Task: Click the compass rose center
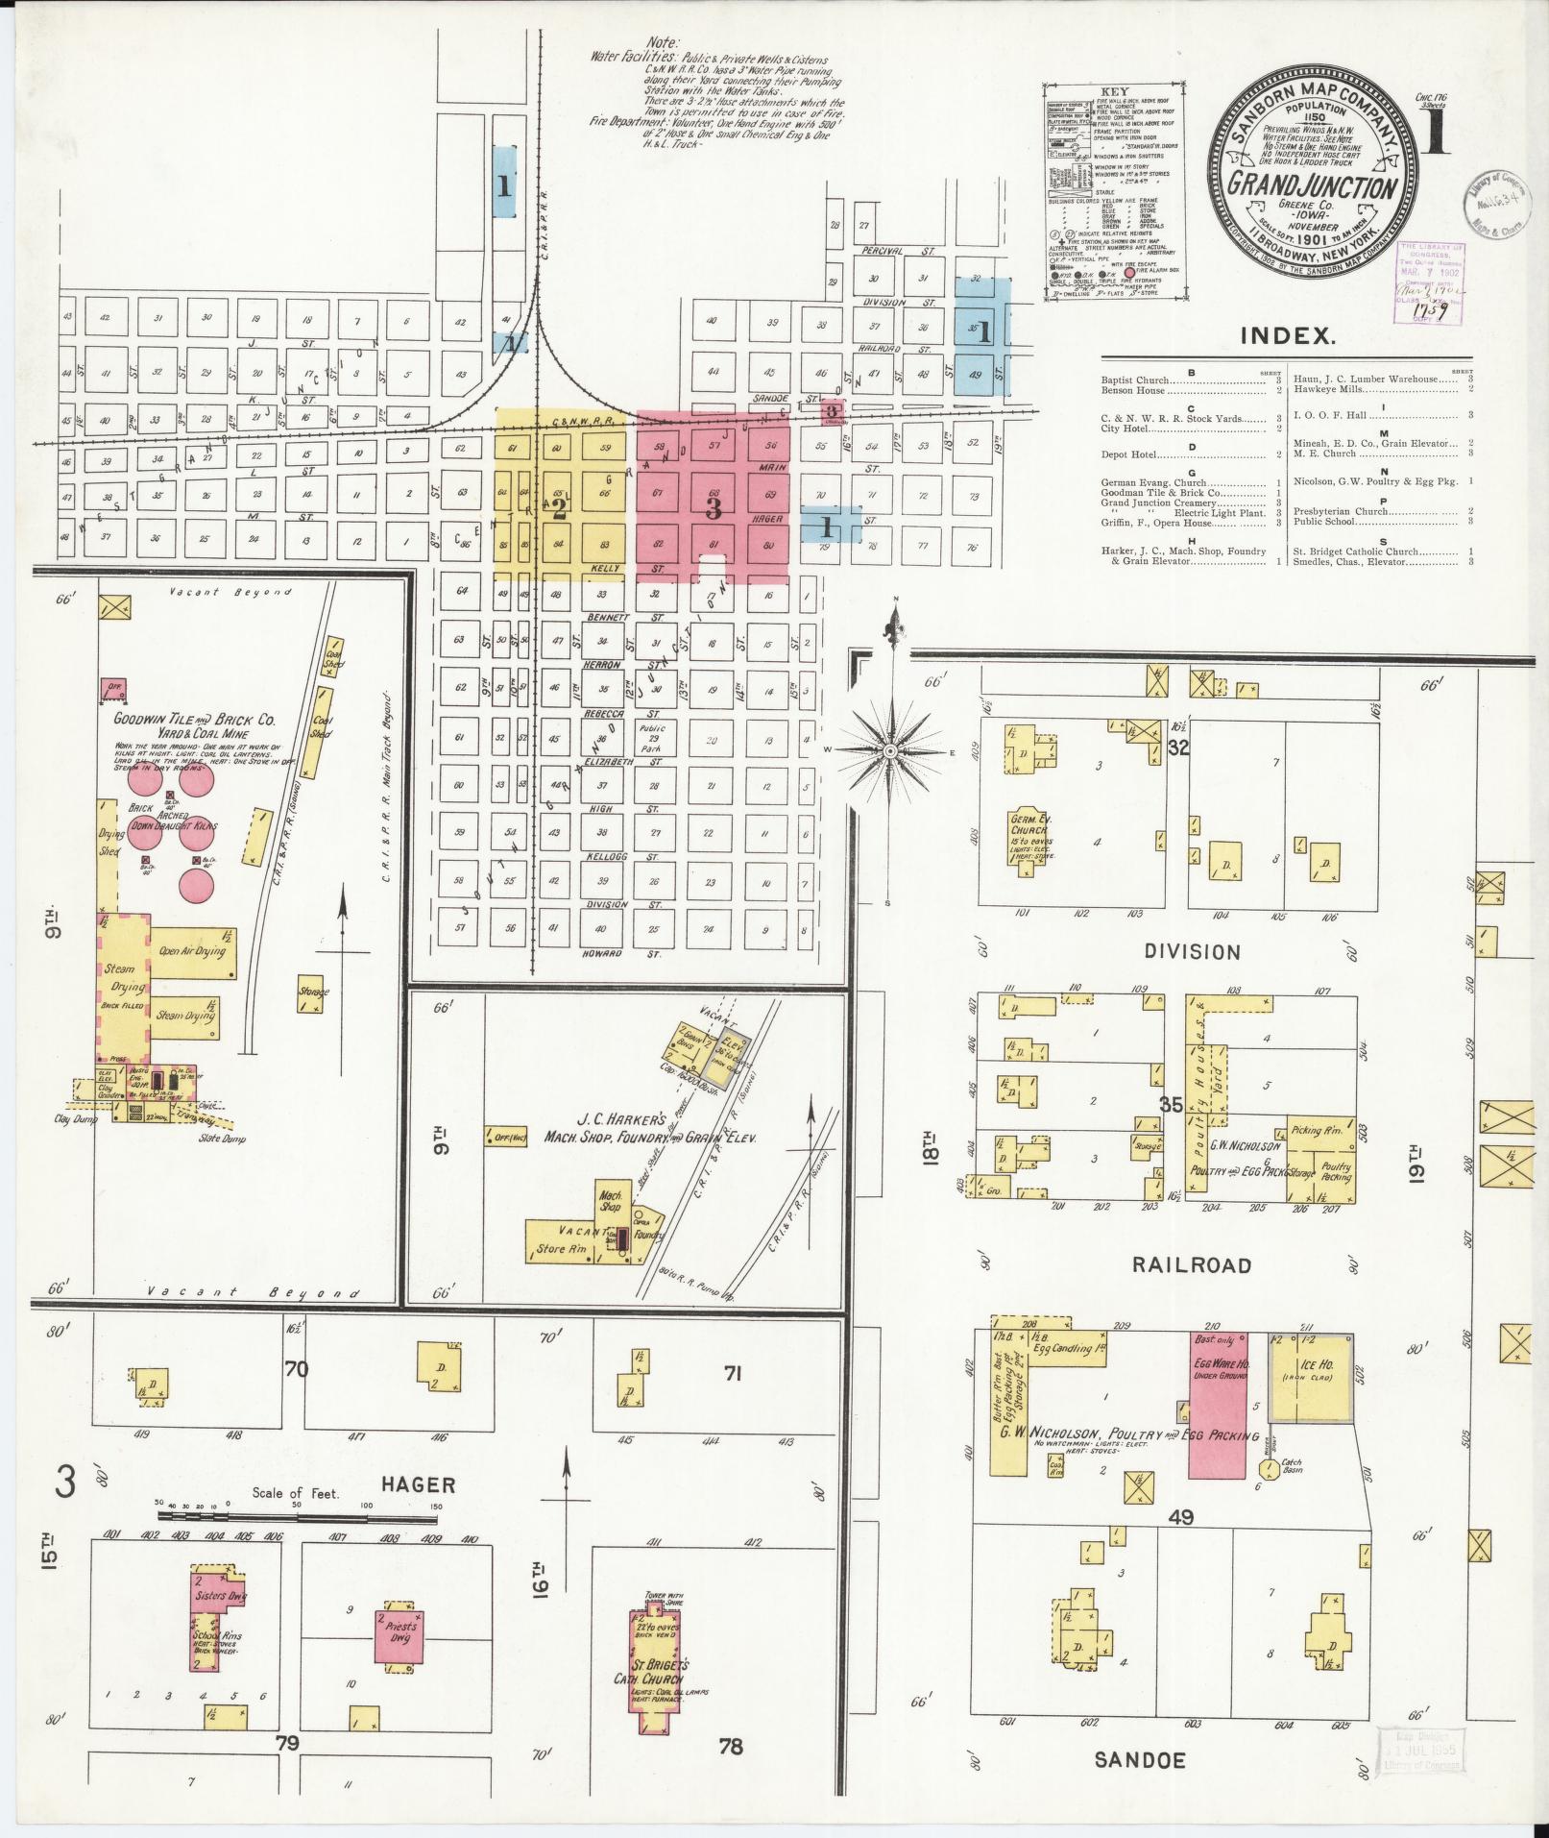(x=890, y=750)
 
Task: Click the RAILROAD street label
(x=1192, y=1264)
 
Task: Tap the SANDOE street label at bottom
(x=1140, y=1760)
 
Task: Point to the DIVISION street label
(x=1192, y=952)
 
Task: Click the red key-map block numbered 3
(x=713, y=508)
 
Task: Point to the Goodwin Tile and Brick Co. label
(x=195, y=720)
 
